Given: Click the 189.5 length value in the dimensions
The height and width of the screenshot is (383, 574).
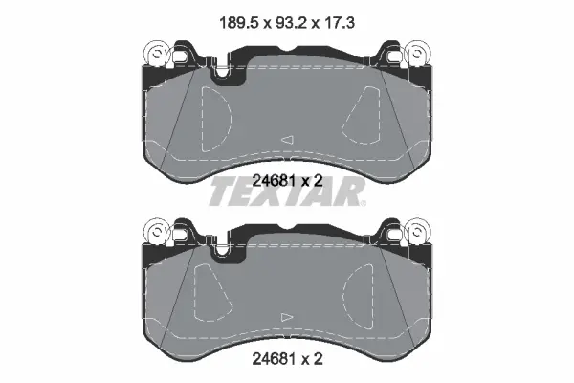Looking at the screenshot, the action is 239,23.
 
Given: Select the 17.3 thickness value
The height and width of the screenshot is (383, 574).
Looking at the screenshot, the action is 340,23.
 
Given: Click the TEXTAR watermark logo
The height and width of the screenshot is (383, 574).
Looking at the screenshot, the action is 287,191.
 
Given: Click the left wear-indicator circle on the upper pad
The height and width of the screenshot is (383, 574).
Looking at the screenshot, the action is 157,54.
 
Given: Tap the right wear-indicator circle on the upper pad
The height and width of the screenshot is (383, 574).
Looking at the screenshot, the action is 417,54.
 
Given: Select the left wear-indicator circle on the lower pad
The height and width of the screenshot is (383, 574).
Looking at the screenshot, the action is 157,232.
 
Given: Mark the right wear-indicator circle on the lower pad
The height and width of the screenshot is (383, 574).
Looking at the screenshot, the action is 417,232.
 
